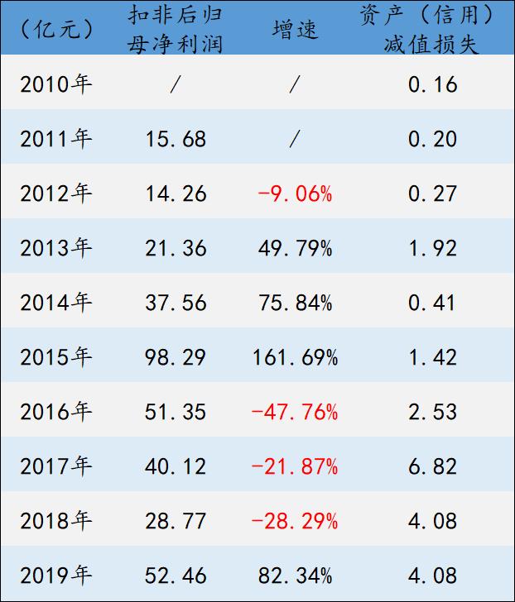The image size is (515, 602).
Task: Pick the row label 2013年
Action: tap(55, 247)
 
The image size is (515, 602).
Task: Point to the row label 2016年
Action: tap(55, 411)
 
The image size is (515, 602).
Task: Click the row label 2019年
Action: tap(55, 575)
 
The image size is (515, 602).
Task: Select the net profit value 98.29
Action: tap(176, 356)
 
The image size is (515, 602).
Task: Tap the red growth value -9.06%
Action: tap(294, 193)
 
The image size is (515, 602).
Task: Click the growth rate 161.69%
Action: tap(294, 356)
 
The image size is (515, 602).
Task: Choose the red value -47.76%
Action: tap(294, 411)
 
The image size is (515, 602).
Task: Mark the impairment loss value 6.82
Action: tap(432, 466)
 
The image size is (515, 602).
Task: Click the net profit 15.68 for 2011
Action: tap(176, 139)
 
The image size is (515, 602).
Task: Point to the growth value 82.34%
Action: tap(294, 575)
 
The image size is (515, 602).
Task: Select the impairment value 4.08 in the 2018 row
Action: tap(432, 520)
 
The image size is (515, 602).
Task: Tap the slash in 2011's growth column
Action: tap(294, 139)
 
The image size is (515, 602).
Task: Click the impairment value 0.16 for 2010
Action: tap(432, 84)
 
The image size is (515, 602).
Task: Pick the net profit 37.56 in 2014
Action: tap(176, 302)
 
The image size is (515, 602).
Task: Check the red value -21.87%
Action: tap(294, 466)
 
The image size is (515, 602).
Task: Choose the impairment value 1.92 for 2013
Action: tap(432, 247)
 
